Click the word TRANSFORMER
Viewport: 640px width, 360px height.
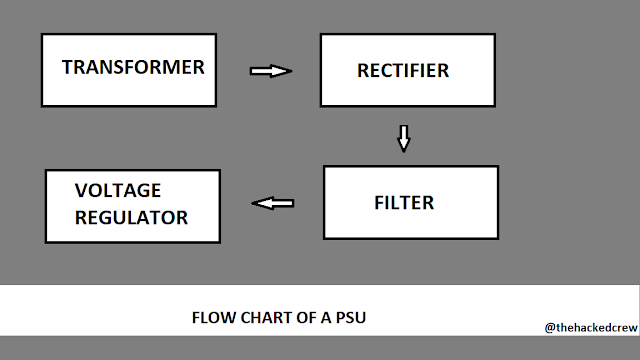pos(133,68)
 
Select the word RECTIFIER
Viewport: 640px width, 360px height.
pos(403,71)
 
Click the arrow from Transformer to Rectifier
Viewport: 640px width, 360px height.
pos(269,71)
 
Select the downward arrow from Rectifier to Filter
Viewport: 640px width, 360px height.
pos(403,138)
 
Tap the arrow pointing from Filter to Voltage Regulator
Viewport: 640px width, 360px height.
pos(273,203)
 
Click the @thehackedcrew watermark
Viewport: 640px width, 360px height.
pos(589,327)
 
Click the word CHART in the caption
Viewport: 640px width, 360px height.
pos(262,320)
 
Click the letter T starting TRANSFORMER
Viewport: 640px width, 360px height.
pos(66,68)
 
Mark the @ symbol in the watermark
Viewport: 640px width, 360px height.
pos(550,327)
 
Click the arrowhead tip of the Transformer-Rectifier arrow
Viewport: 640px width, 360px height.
pos(289,71)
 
